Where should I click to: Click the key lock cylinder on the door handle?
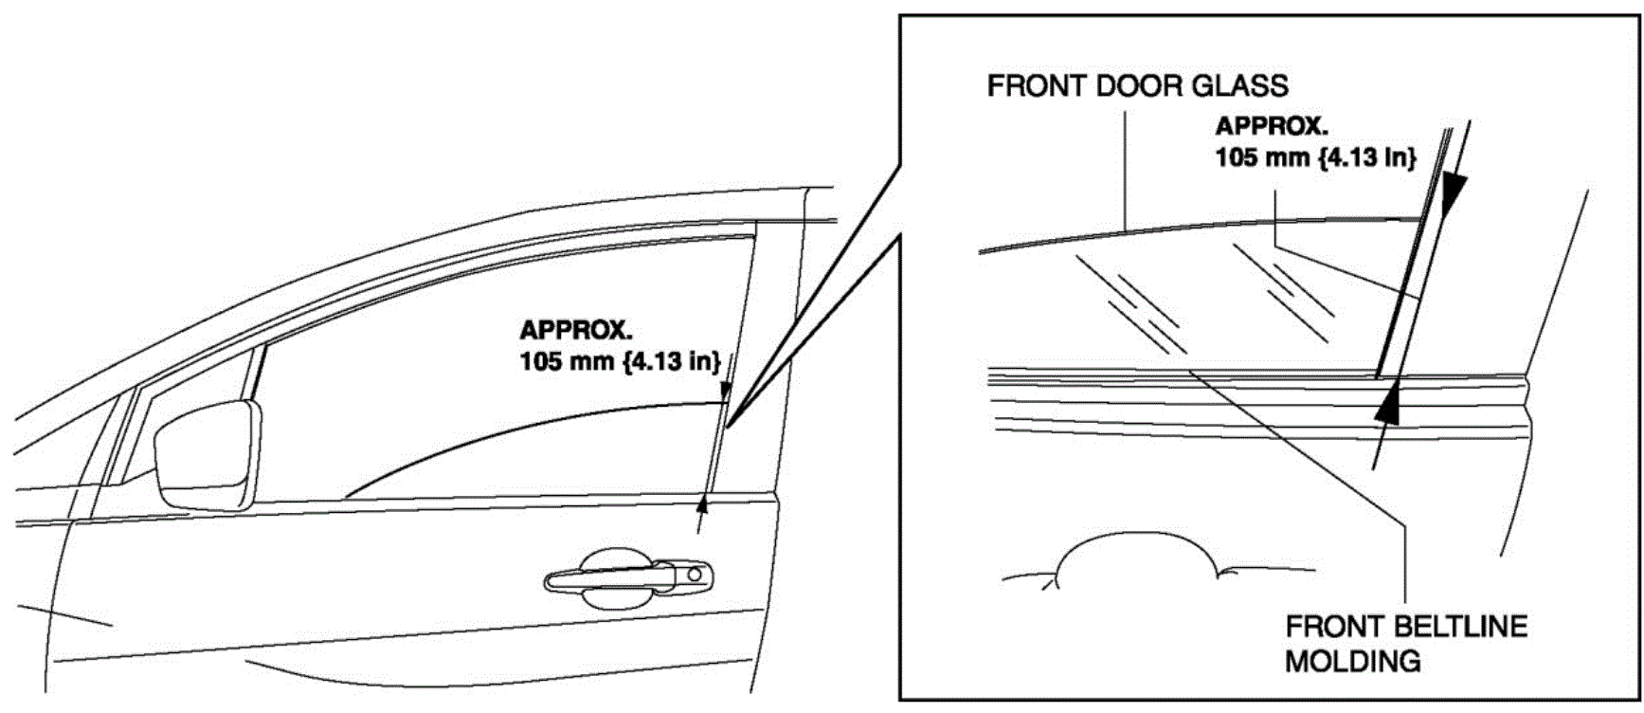pos(695,574)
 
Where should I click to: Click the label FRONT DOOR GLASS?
pos(1137,86)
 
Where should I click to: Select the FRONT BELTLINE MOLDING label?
pos(1405,643)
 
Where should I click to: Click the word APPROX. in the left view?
pos(576,331)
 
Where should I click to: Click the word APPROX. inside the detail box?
pos(1272,126)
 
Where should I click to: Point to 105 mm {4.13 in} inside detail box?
pos(1316,156)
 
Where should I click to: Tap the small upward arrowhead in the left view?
pos(702,502)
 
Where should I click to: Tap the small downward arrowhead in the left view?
pos(725,391)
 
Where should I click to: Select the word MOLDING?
pos(1352,661)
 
